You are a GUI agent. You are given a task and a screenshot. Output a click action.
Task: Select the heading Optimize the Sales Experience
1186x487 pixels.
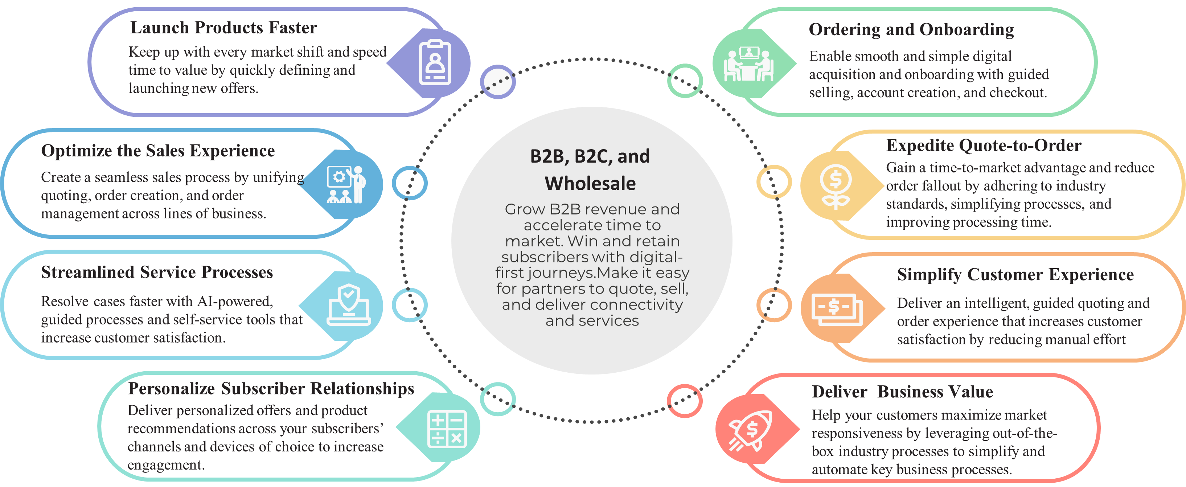click(x=157, y=151)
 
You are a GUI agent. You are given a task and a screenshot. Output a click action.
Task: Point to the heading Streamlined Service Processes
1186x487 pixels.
click(x=157, y=273)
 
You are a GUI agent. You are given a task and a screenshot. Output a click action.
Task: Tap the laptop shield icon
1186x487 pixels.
click(x=349, y=305)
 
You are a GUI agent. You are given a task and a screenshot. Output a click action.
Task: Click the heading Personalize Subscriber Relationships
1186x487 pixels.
click(x=271, y=389)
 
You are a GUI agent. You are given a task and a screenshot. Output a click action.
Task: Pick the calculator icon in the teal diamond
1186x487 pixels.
click(x=447, y=429)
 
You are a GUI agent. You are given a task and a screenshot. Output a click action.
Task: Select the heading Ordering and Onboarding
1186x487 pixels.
click(x=911, y=29)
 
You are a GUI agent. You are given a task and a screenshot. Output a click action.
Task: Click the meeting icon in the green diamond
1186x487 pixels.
click(x=748, y=64)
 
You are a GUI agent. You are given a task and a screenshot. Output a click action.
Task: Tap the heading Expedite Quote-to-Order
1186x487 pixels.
click(x=984, y=146)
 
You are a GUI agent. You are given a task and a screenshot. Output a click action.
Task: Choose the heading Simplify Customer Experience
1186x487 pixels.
click(x=1015, y=275)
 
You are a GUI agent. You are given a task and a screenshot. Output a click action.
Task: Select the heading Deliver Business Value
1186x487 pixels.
click(x=902, y=392)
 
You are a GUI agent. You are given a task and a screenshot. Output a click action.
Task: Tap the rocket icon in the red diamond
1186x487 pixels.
click(x=750, y=431)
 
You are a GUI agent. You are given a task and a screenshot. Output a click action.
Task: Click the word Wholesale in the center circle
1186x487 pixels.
click(x=590, y=184)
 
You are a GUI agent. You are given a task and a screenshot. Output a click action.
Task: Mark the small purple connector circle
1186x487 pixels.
click(x=498, y=82)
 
